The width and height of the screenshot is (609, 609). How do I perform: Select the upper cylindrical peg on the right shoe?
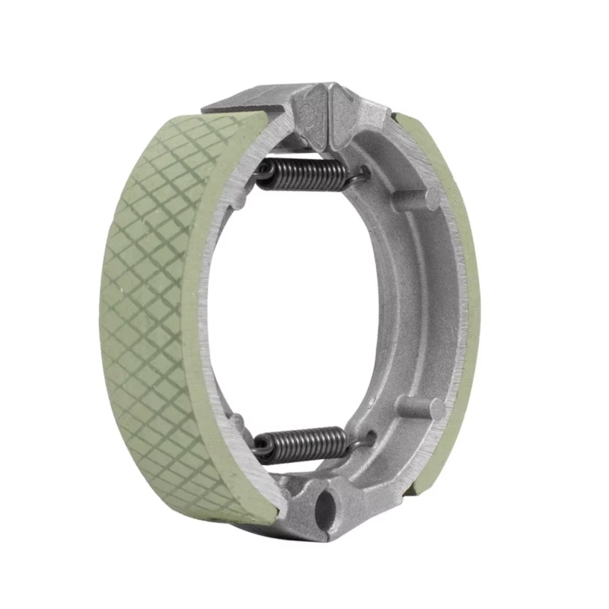tap(417, 199)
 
